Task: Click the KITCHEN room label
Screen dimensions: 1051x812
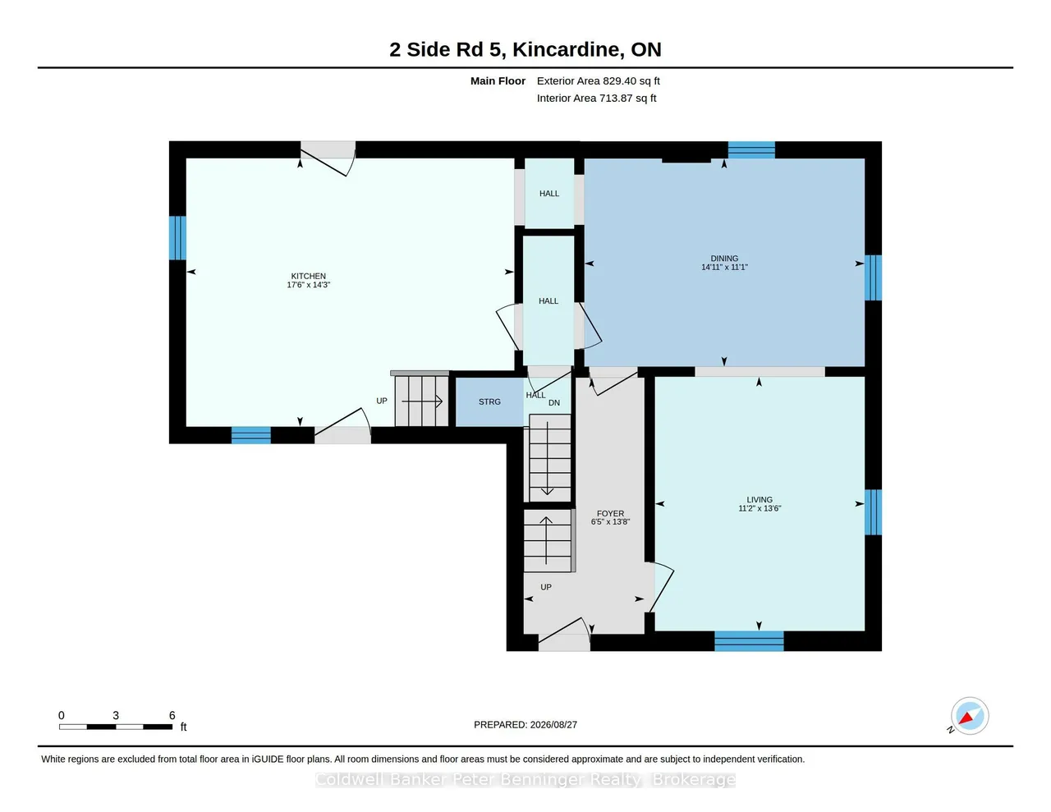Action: (x=308, y=276)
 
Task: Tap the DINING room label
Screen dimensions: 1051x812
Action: (x=724, y=259)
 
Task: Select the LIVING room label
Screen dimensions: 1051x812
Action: (x=760, y=499)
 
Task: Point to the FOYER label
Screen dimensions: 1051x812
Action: (x=610, y=513)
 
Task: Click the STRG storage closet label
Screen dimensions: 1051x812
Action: (x=489, y=401)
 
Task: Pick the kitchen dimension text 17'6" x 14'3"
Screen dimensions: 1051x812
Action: (x=308, y=285)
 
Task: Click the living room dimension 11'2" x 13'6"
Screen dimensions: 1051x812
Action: (x=760, y=508)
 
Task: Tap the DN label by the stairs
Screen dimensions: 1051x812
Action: (x=553, y=403)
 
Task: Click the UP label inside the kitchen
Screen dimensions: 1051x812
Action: (x=382, y=401)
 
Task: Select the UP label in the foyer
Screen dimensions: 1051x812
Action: (x=545, y=587)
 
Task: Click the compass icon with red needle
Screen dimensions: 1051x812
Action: (x=969, y=716)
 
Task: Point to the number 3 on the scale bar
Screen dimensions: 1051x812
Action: (x=116, y=715)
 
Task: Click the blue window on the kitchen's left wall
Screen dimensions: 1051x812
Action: (x=177, y=238)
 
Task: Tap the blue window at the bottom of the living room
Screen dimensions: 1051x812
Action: (x=749, y=641)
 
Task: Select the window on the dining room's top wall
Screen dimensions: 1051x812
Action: (x=751, y=150)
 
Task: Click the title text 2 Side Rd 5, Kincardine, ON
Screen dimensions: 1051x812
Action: (x=525, y=49)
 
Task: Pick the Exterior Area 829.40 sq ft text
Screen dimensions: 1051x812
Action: (x=599, y=81)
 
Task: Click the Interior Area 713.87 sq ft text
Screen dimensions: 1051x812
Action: (x=596, y=99)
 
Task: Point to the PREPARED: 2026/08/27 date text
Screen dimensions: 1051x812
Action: (x=525, y=724)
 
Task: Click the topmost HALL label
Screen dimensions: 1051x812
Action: (x=549, y=194)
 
